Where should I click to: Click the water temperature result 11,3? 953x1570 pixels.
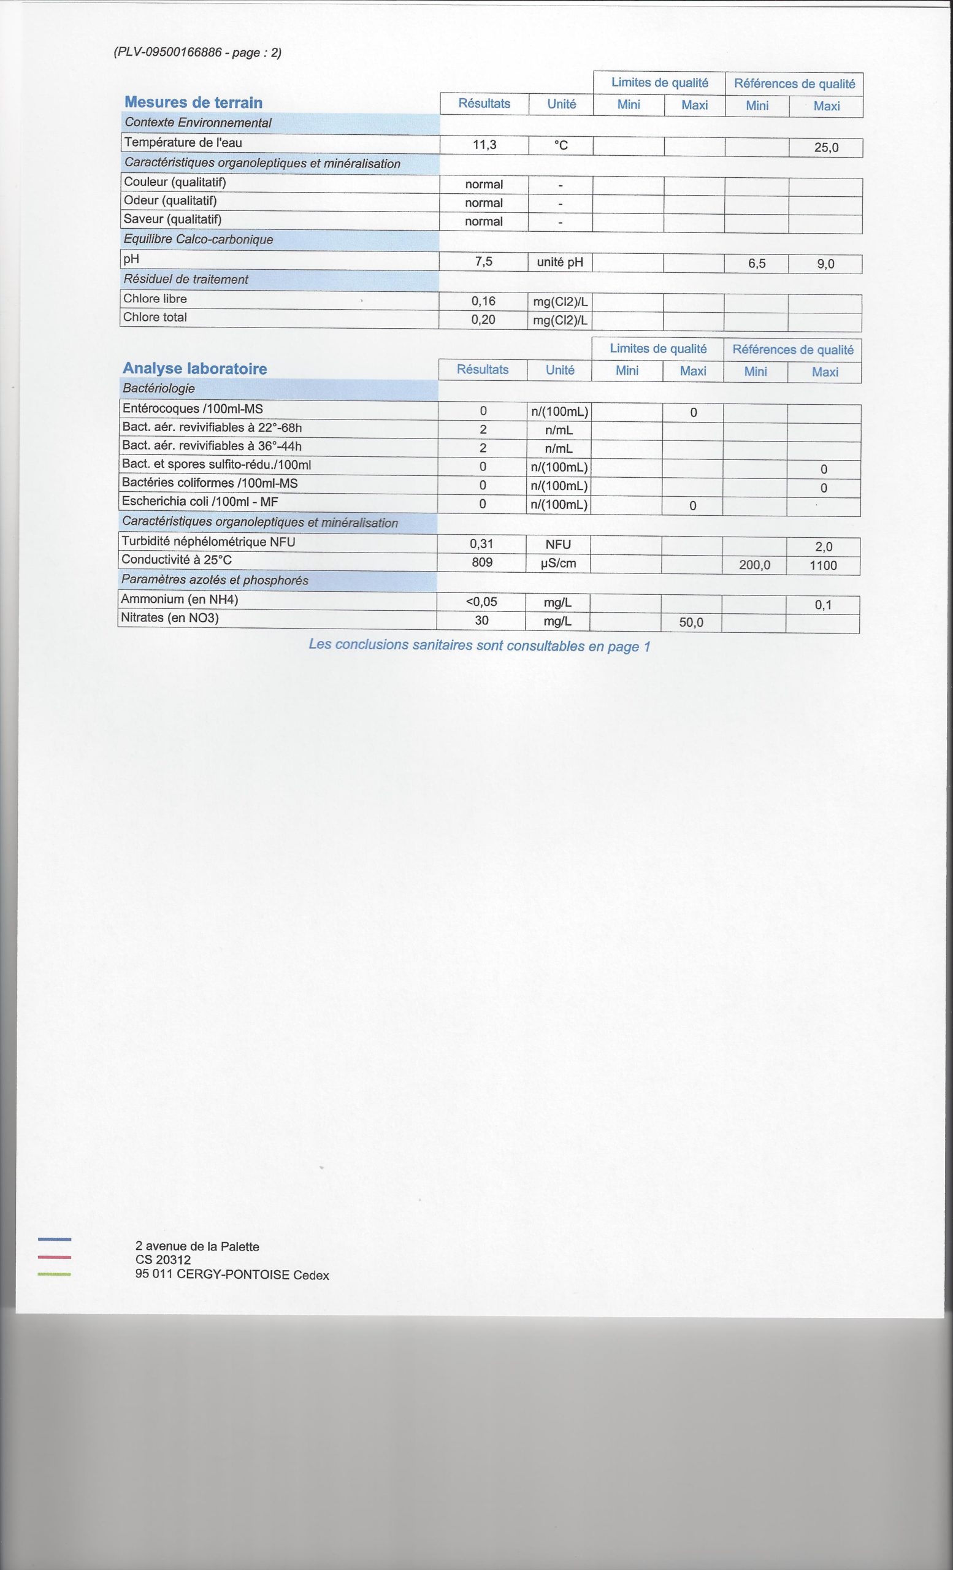(484, 145)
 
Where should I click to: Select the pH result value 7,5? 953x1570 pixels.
(483, 262)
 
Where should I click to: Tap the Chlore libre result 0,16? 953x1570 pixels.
(483, 301)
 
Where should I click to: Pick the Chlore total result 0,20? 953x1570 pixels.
(483, 320)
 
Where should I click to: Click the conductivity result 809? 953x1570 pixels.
(482, 562)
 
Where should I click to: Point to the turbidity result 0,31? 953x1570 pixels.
(481, 544)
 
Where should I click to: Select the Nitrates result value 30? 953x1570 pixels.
(481, 621)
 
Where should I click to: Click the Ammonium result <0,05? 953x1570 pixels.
(481, 602)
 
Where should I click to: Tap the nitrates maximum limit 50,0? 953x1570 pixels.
(691, 622)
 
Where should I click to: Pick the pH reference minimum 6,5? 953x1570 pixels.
(757, 264)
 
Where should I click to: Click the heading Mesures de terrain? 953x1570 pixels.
(194, 102)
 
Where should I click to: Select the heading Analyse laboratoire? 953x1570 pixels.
(194, 369)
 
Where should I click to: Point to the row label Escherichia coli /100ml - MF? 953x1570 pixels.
(200, 502)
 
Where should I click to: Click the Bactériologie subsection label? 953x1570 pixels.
(159, 389)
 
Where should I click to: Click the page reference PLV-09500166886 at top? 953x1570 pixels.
(197, 53)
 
